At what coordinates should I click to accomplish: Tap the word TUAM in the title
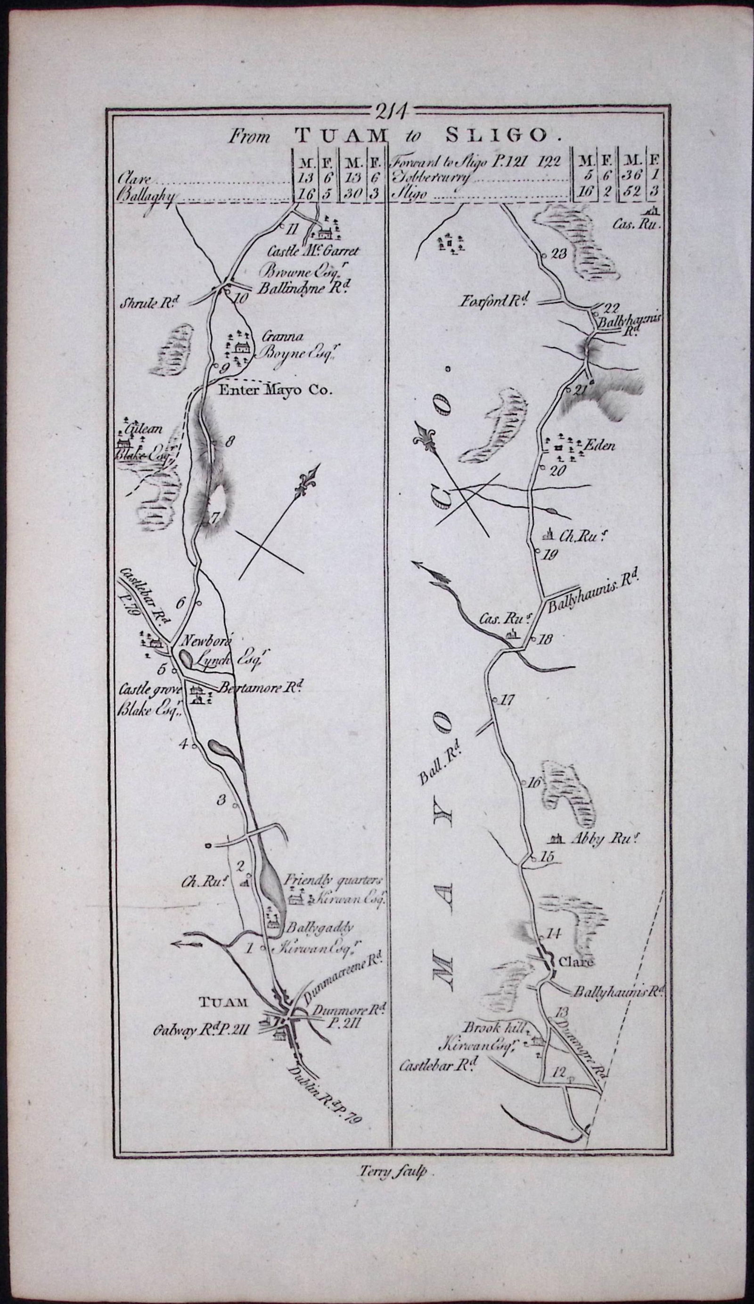click(341, 136)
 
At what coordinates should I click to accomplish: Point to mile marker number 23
click(560, 254)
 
